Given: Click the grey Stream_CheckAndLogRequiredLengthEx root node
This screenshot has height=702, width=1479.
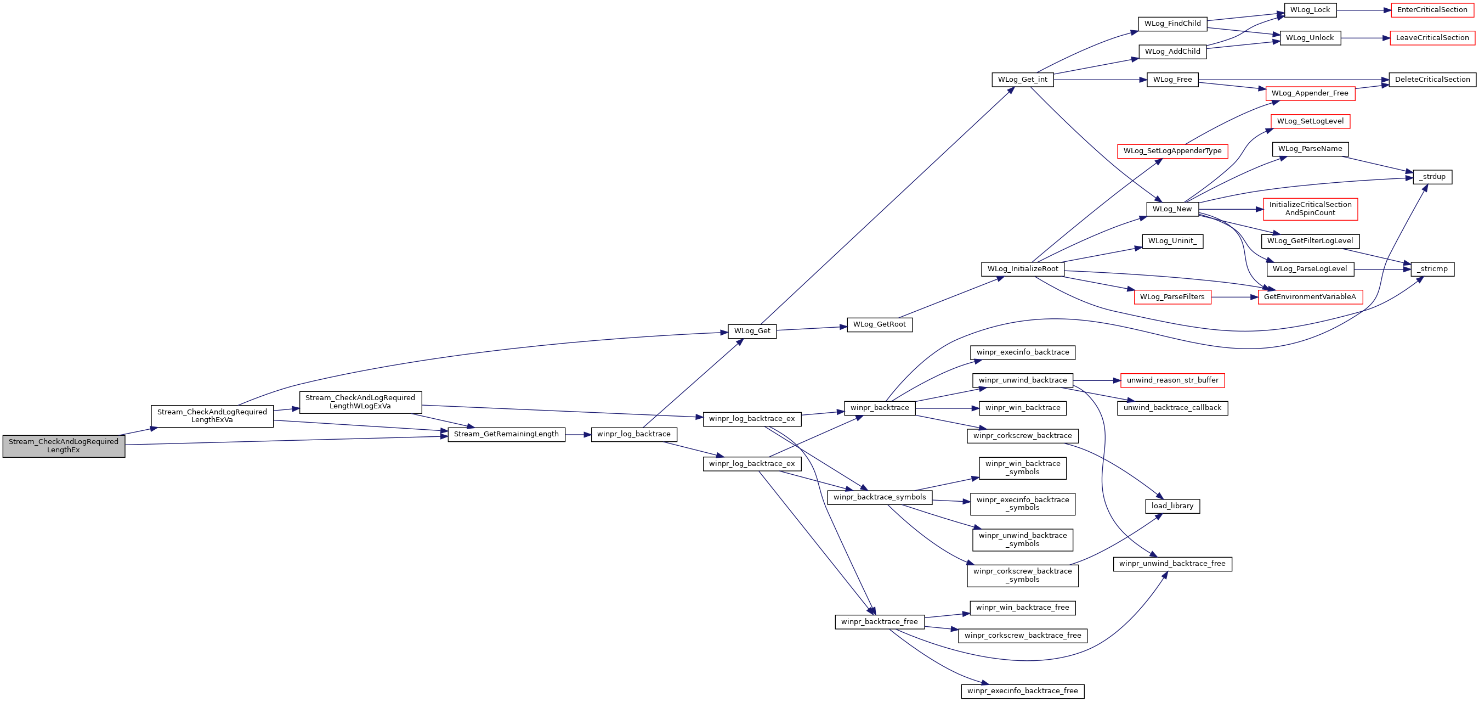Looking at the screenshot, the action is click(64, 446).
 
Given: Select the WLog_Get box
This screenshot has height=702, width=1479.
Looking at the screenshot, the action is click(752, 331).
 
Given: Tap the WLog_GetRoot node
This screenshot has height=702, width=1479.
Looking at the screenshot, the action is click(880, 324).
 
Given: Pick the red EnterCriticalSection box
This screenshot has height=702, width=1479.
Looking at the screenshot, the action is click(1432, 10).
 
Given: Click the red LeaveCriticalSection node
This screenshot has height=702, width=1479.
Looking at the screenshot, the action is click(1432, 38).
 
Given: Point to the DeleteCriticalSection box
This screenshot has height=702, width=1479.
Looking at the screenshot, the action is click(1432, 80).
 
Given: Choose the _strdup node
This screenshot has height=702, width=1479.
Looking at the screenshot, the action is click(1432, 177).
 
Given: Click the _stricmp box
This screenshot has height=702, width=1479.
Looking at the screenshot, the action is click(1432, 269).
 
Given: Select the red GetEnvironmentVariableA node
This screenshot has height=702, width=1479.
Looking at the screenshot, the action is click(1310, 297).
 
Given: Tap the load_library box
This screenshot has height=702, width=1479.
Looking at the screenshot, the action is click(1172, 506).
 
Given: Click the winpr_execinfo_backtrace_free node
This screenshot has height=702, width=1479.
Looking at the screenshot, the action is click(1023, 691).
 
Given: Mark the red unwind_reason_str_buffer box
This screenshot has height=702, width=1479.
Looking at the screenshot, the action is click(1172, 380).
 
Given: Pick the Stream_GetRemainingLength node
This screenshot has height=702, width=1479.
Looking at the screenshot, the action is click(506, 434).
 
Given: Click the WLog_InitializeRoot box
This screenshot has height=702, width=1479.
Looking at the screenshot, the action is click(1023, 269).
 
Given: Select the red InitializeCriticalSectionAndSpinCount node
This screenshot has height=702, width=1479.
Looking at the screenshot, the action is click(1310, 209).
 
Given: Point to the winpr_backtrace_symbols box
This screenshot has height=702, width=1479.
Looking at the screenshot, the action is click(880, 497).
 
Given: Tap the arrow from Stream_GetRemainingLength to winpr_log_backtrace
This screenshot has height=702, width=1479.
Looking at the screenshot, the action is click(578, 435).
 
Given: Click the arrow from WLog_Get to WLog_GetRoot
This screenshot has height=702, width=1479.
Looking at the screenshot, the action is click(812, 328).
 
